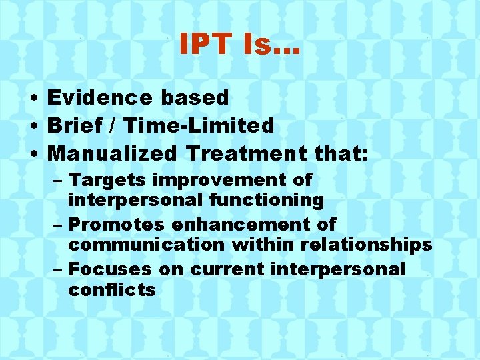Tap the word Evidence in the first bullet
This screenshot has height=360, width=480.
[x=99, y=97]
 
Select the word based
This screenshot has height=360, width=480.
[x=194, y=97]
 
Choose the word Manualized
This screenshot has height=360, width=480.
[x=113, y=153]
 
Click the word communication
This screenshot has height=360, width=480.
[x=146, y=245]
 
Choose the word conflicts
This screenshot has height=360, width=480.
[x=111, y=290]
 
